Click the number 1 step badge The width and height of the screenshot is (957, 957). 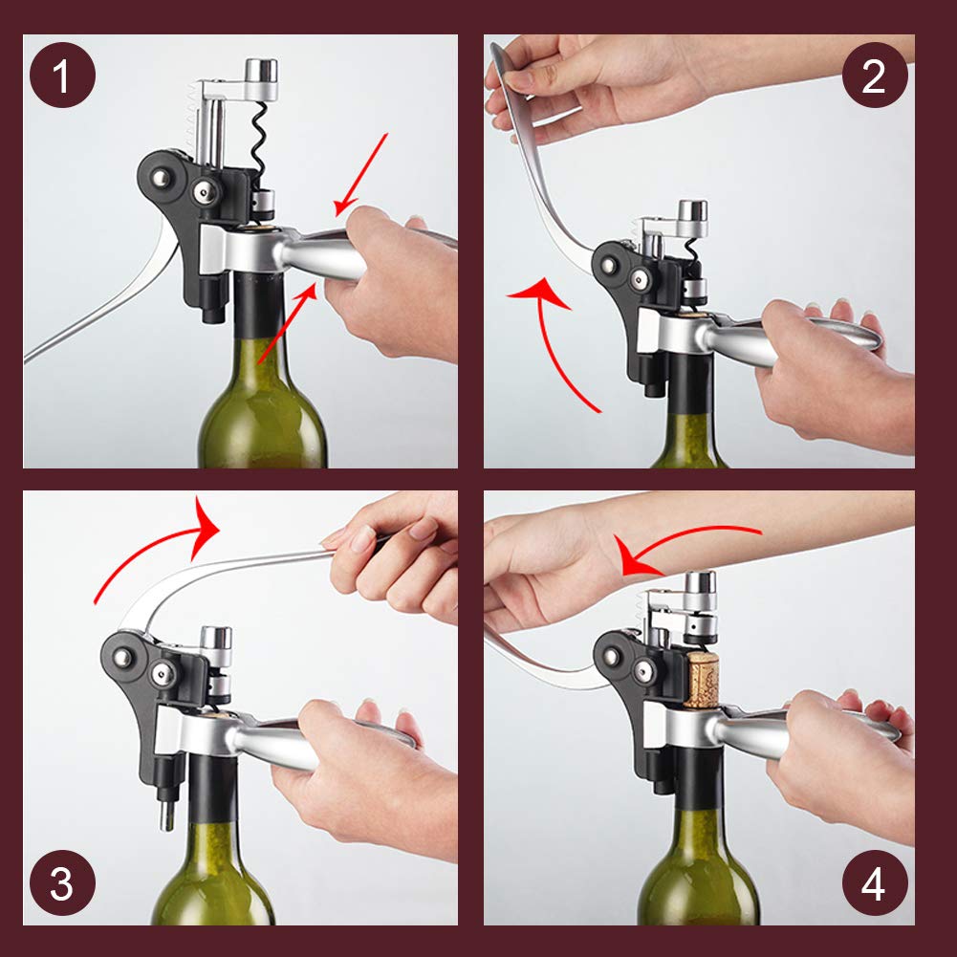pyautogui.click(x=62, y=76)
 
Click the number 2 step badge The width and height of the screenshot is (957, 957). pyautogui.click(x=875, y=76)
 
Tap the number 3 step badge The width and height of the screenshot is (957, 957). pyautogui.click(x=62, y=882)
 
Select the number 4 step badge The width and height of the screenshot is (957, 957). pyautogui.click(x=875, y=882)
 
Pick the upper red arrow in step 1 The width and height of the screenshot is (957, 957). pyautogui.click(x=361, y=175)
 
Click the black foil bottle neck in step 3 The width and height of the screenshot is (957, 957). pyautogui.click(x=212, y=789)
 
